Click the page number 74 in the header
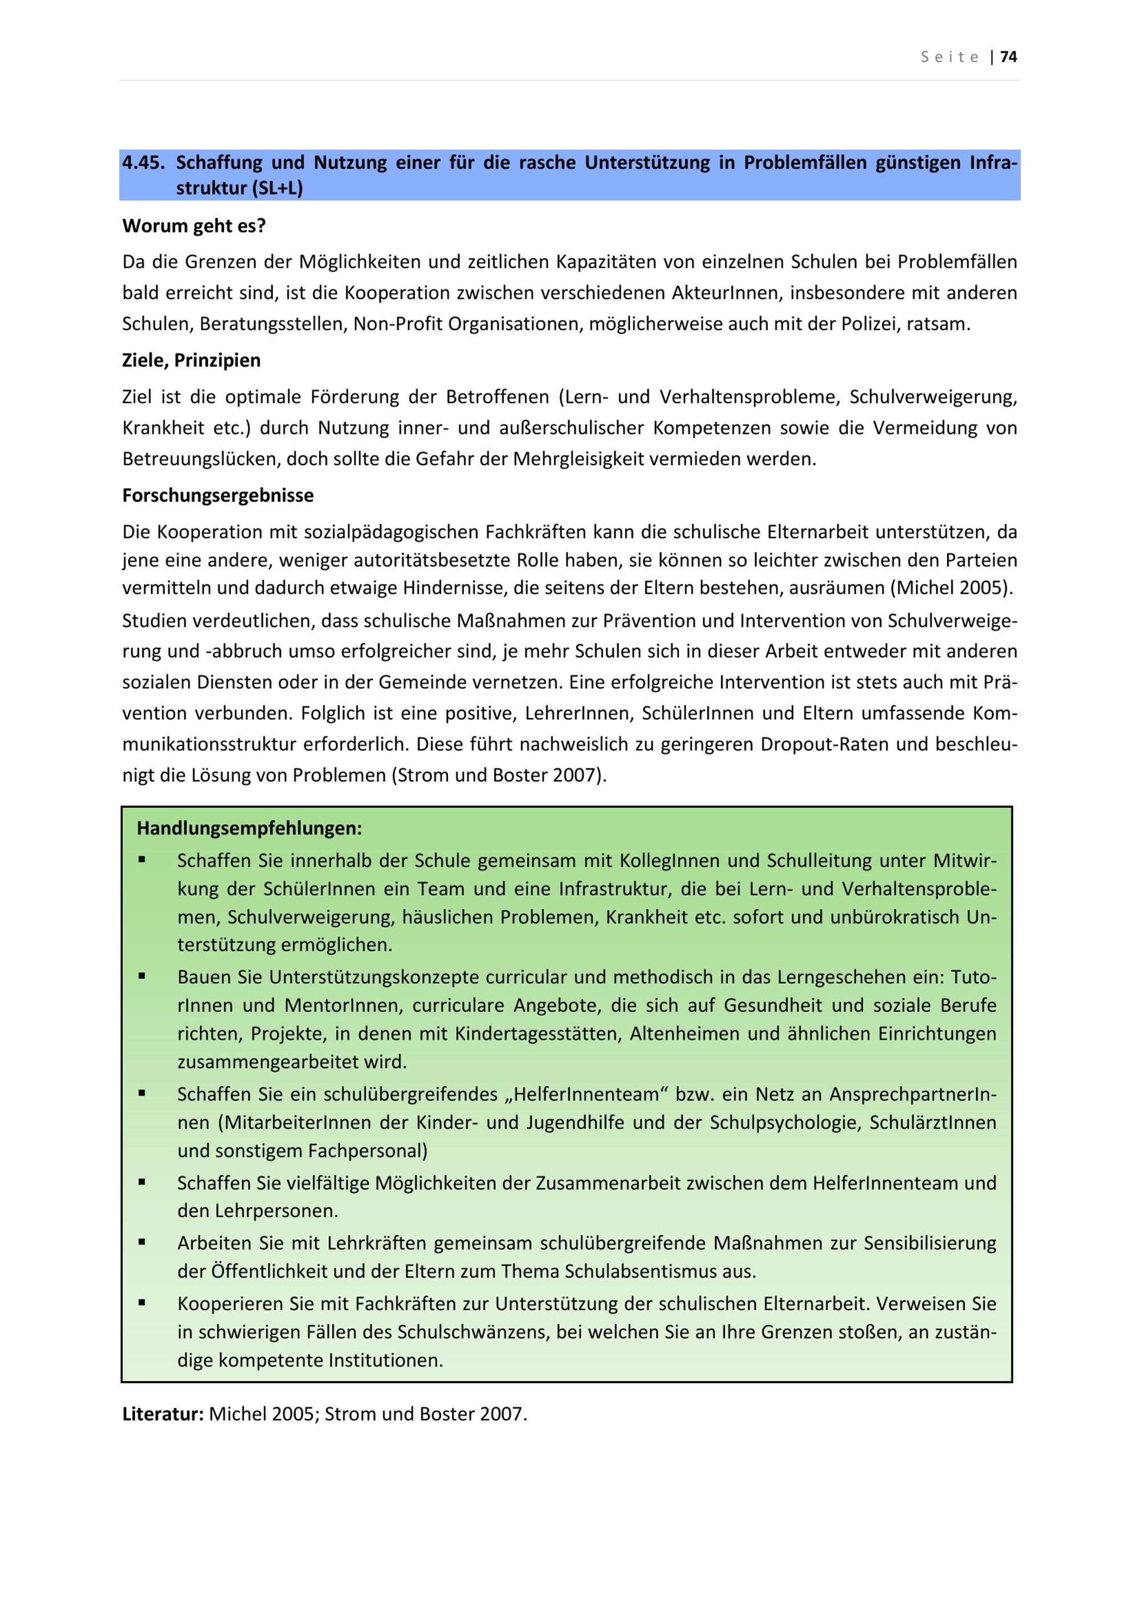(1009, 57)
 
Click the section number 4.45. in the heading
(143, 163)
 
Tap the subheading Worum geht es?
(194, 226)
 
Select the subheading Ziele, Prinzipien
(191, 360)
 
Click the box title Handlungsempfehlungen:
(249, 828)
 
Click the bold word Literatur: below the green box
(163, 1414)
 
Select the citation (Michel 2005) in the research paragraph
(951, 588)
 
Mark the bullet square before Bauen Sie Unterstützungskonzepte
(142, 976)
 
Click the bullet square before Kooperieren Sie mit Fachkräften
(142, 1302)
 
